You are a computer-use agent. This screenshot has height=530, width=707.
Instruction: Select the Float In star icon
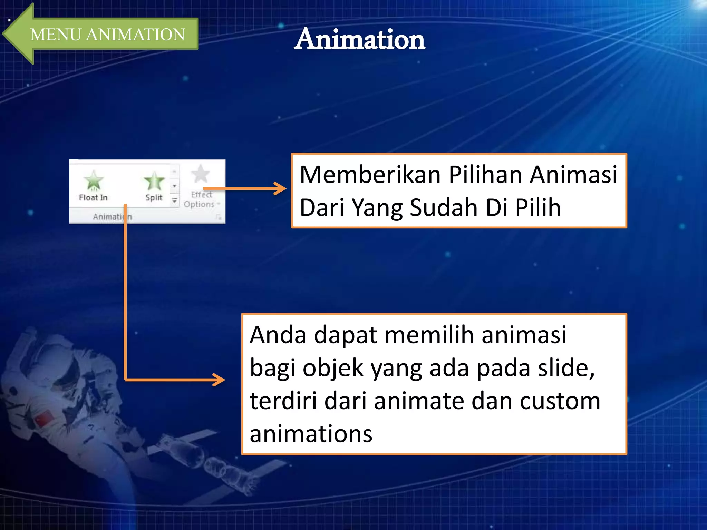tap(94, 180)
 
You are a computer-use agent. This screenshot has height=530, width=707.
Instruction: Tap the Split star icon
tap(154, 181)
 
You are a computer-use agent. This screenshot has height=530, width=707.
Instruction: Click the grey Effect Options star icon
tap(201, 174)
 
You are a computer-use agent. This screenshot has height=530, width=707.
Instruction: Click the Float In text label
tap(93, 198)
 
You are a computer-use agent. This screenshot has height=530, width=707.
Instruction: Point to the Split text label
tap(154, 198)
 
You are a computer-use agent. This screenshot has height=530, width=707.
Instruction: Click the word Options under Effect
tap(199, 204)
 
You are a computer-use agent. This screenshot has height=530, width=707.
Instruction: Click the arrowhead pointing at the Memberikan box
tap(280, 188)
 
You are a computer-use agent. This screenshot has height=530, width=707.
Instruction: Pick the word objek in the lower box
tap(333, 368)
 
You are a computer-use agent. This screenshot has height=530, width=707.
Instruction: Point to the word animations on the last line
tap(311, 434)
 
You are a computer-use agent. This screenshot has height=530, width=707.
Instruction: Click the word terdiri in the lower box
tap(283, 401)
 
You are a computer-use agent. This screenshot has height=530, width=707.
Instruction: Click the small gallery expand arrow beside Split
tap(175, 200)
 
